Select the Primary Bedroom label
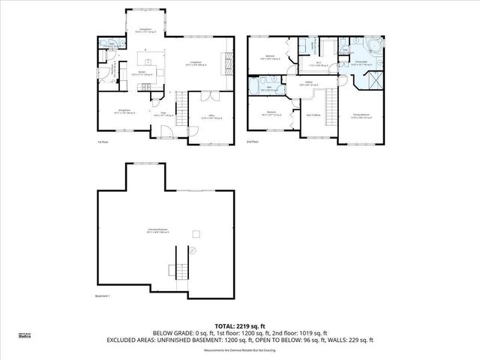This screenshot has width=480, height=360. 364,116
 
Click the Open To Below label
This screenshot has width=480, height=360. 313,115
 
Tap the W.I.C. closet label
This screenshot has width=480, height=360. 318,64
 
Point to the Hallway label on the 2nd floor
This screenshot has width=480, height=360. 308,84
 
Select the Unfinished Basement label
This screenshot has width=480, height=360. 157,231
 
